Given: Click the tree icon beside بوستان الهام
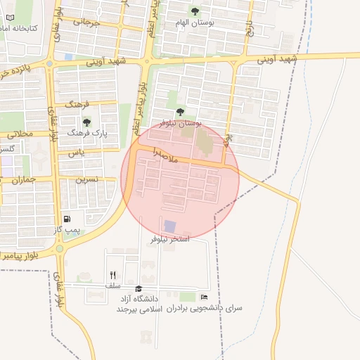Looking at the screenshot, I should (195, 11).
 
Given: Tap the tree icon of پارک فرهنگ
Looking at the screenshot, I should (86, 122).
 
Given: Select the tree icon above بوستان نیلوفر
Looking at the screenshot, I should (180, 112).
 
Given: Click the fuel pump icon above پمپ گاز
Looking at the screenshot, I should (67, 219).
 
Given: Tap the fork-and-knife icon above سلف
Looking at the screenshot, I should (112, 276).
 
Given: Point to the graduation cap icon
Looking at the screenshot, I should (139, 289).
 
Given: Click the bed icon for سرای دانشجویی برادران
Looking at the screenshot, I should (204, 297).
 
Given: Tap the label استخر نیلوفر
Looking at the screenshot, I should (170, 240).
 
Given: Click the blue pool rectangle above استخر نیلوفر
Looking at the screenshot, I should (169, 226).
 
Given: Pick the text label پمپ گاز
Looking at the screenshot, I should (67, 230).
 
